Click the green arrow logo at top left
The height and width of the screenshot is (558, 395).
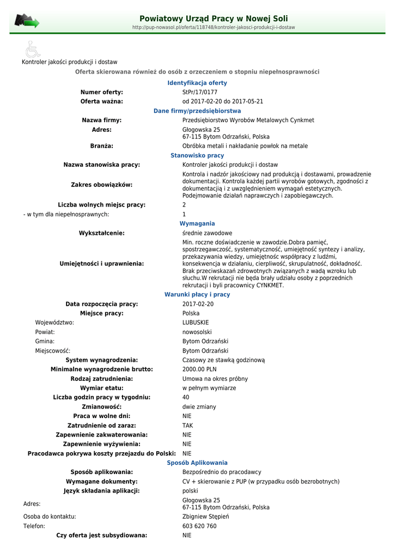pos(27,21)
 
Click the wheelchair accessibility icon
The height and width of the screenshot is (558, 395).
pos(33,49)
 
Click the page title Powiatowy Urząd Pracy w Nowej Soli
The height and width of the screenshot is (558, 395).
pos(214,19)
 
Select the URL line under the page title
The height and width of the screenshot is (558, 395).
pos(214,27)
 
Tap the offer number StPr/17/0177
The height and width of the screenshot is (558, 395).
pos(199,92)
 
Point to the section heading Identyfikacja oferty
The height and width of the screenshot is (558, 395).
pos(197,83)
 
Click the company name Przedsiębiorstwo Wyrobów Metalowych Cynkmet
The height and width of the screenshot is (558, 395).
pos(248,120)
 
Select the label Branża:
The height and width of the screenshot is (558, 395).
pos(102,146)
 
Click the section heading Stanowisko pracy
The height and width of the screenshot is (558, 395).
pos(197,155)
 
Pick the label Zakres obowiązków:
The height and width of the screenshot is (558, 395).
pos(102,185)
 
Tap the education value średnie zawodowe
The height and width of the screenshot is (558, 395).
pos(207,233)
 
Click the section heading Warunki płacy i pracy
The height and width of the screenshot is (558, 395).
pos(197,294)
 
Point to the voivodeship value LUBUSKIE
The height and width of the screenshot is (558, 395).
pos(196,323)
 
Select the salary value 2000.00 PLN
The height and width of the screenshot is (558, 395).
pos(199,369)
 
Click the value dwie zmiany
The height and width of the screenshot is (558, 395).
pos(199,407)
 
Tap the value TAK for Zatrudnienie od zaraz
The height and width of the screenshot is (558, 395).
pos(187,426)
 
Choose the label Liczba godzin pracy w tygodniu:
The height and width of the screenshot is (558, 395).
pos(102,397)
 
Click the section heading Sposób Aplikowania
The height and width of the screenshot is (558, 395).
pos(197,463)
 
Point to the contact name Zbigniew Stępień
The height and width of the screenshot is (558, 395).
pos(205,517)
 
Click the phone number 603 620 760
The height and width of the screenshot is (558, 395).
pos(199,526)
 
